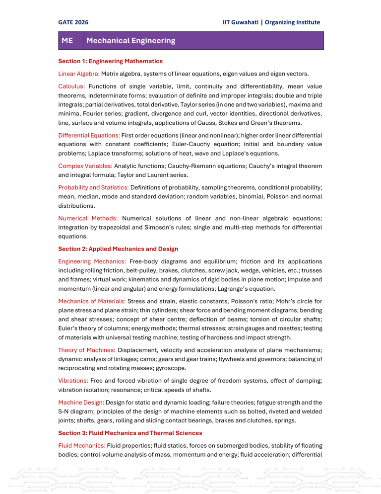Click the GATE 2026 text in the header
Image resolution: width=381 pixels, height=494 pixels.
click(73, 22)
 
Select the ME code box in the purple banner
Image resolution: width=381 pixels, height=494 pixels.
click(67, 41)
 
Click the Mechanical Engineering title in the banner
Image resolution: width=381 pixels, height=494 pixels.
click(130, 41)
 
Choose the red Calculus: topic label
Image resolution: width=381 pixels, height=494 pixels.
click(71, 86)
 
